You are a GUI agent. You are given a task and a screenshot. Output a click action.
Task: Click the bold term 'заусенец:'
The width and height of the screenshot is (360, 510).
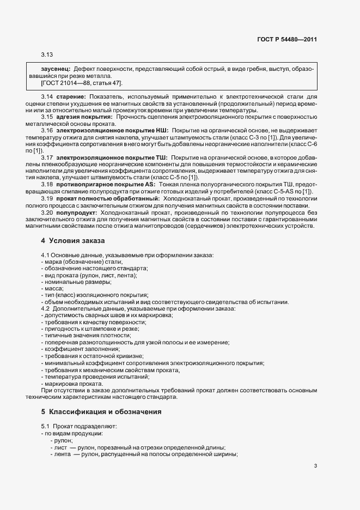click(56, 70)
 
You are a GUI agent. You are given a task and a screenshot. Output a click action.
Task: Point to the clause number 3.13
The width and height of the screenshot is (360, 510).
click(46, 54)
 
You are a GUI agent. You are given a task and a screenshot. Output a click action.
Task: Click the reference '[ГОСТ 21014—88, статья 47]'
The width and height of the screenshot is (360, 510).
click(82, 83)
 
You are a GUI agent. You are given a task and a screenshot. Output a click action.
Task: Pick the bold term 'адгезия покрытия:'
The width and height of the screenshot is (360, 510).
click(84, 117)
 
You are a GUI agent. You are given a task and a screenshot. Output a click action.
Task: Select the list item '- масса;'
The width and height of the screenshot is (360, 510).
click(52, 288)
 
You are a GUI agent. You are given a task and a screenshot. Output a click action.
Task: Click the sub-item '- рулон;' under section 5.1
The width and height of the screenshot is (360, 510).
click(62, 440)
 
